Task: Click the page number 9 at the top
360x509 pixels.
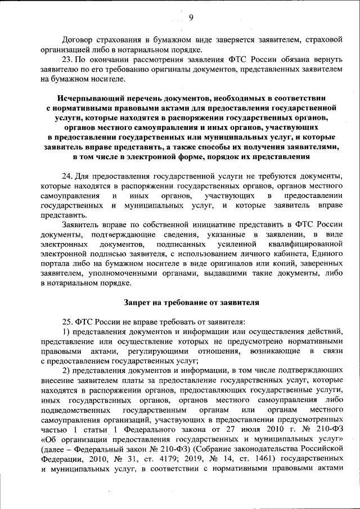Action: point(191,17)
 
